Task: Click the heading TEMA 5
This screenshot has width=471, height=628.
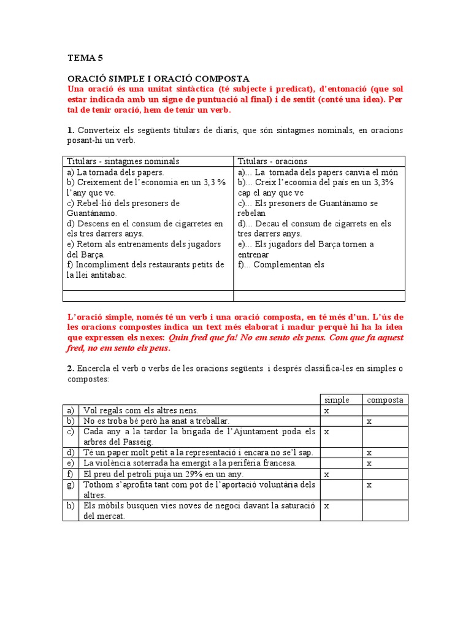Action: [x=85, y=58]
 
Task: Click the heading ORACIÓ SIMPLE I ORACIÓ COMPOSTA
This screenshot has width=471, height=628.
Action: [x=158, y=78]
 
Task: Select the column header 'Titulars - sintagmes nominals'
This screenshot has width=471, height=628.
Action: [x=123, y=161]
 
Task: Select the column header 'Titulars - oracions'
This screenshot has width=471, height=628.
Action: [x=272, y=161]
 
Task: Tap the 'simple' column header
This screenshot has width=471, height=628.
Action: [x=337, y=400]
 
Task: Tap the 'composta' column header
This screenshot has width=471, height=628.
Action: [x=385, y=400]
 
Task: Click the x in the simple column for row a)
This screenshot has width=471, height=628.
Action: [x=327, y=411]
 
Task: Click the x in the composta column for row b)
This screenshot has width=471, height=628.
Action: [x=369, y=421]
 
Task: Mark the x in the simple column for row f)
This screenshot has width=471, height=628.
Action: [x=327, y=474]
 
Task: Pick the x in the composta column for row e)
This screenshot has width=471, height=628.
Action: [x=369, y=463]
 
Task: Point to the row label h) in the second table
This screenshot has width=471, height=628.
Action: [x=71, y=506]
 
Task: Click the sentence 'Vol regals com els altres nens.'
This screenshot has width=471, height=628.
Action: [x=141, y=410]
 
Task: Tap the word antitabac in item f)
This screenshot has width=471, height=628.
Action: [x=107, y=275]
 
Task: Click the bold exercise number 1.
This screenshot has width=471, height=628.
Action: [x=71, y=130]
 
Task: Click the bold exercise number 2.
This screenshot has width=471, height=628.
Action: [x=71, y=369]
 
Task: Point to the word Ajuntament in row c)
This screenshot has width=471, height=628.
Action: [x=256, y=432]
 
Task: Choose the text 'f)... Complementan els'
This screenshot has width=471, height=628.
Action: [x=281, y=265]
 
